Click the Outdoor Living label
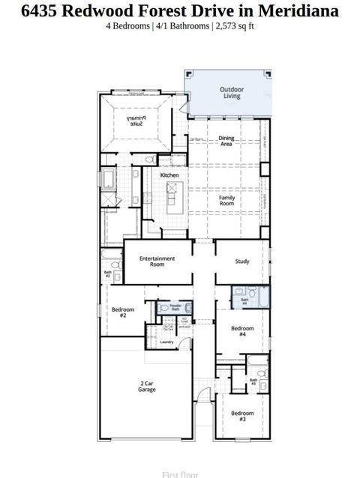pyautogui.click(x=231, y=93)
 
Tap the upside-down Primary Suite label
pyautogui.click(x=134, y=121)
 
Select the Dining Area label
pyautogui.click(x=226, y=141)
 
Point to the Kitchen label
pyautogui.click(x=169, y=175)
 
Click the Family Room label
pyautogui.click(x=226, y=201)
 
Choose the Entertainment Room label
pyautogui.click(x=157, y=261)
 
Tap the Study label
pyautogui.click(x=242, y=261)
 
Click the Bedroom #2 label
pyautogui.click(x=123, y=312)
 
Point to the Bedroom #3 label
pyautogui.click(x=242, y=416)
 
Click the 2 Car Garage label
pyautogui.click(x=147, y=387)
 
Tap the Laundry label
pyautogui.click(x=166, y=342)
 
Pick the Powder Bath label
pyautogui.click(x=175, y=306)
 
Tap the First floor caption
pyautogui.click(x=180, y=474)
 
